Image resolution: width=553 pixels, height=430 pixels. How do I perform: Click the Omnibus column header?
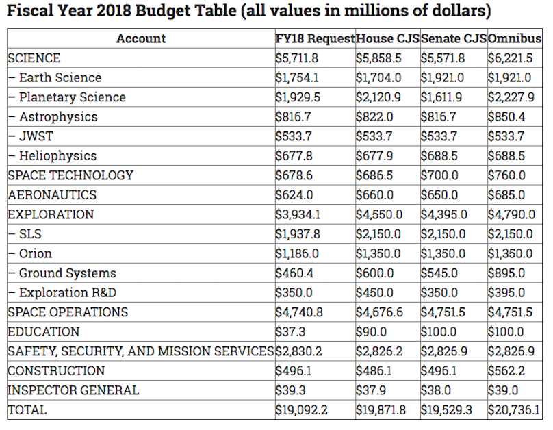515,38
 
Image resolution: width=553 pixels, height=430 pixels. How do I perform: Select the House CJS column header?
388,38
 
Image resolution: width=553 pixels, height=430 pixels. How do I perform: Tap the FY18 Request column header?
316,38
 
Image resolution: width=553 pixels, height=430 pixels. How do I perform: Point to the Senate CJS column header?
454,38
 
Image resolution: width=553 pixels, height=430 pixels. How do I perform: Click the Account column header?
141,38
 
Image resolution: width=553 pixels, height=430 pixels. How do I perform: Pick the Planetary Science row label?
67,97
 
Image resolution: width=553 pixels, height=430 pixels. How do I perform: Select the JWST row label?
31,136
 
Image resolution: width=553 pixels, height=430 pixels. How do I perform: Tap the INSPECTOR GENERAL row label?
73,390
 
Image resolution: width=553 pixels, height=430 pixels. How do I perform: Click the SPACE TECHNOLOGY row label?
70,175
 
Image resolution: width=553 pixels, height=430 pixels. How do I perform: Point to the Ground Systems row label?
62,273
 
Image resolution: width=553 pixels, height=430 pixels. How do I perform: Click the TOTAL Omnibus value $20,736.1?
514,410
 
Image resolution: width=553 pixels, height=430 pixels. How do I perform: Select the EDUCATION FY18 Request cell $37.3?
290,331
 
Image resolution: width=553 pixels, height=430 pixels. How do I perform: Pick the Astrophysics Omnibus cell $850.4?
506,117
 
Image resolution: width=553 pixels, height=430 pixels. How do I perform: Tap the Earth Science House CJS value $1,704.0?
378,77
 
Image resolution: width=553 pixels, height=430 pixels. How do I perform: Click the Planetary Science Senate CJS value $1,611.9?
441,97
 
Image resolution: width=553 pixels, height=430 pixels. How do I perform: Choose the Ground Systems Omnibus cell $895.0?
506,273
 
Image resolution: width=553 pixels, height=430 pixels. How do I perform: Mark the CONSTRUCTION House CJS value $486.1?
374,370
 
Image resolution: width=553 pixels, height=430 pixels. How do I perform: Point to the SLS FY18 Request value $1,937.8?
298,234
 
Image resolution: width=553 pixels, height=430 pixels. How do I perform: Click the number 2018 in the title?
113,10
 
